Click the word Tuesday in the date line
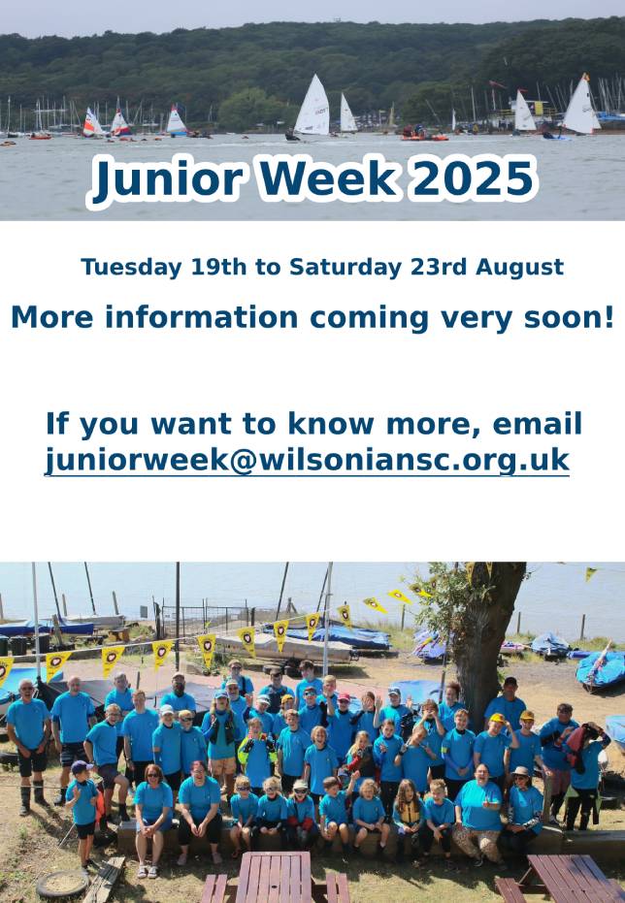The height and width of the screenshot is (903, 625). [131, 268]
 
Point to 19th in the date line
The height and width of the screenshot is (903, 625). [219, 268]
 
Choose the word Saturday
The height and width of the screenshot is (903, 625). [345, 268]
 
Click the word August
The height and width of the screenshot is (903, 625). [519, 268]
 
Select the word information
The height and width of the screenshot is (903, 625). [201, 317]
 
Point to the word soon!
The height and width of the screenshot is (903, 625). [569, 317]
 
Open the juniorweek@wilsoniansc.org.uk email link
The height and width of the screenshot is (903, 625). [307, 461]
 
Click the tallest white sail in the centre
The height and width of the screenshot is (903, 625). [312, 107]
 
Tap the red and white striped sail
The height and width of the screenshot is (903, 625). [91, 122]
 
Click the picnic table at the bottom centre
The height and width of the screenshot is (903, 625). [276, 877]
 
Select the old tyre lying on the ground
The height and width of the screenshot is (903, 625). [62, 886]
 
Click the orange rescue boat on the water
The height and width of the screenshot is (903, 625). [424, 137]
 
